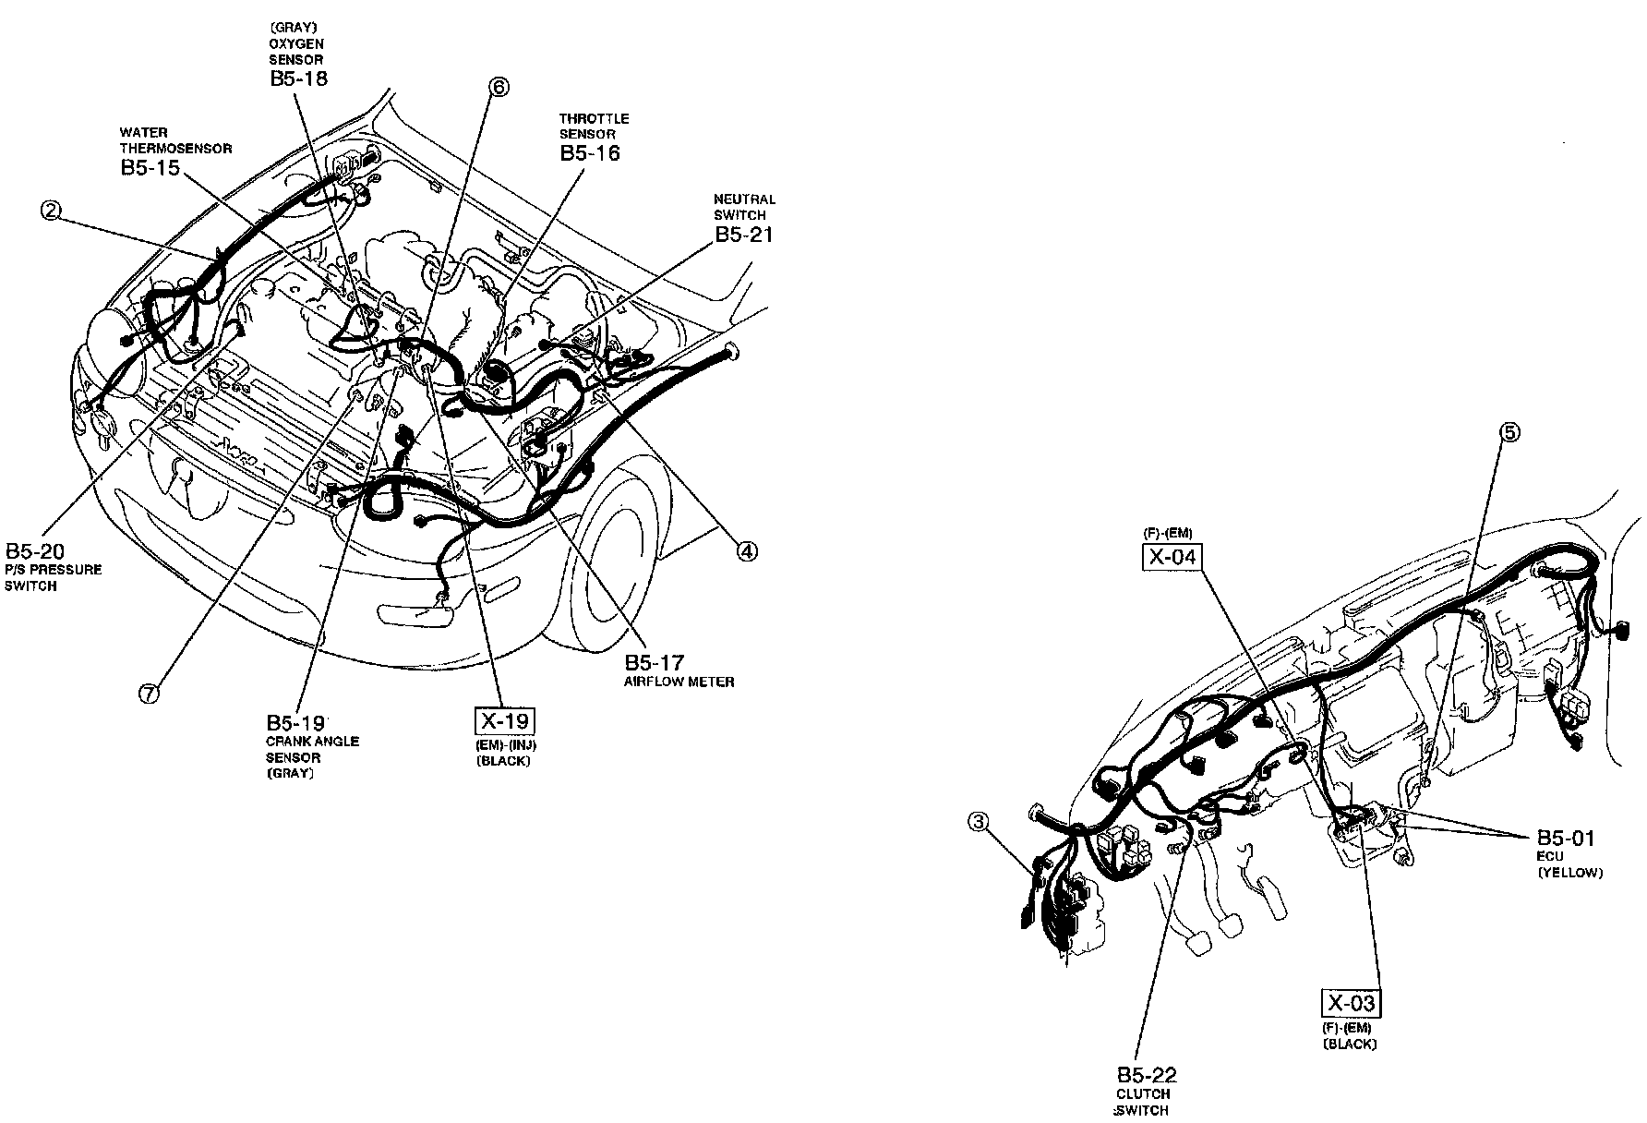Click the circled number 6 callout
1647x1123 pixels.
pos(499,88)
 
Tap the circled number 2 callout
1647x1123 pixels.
pos(51,211)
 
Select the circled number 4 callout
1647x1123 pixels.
pos(746,551)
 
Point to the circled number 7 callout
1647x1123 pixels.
pos(150,693)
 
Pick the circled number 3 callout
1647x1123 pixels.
pos(980,819)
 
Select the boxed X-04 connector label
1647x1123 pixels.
pos(1172,558)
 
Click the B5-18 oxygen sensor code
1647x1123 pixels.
pos(298,78)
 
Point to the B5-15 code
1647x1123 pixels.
pos(149,168)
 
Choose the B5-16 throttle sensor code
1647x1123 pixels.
pos(590,153)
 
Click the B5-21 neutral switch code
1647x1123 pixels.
pos(744,235)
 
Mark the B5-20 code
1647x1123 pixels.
pos(34,551)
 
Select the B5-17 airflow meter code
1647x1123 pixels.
pos(655,662)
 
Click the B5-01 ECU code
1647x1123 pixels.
pos(1565,838)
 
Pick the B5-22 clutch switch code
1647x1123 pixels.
pos(1148,1075)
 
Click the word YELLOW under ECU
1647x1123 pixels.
pos(1570,873)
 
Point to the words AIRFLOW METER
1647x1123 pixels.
pos(679,682)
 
